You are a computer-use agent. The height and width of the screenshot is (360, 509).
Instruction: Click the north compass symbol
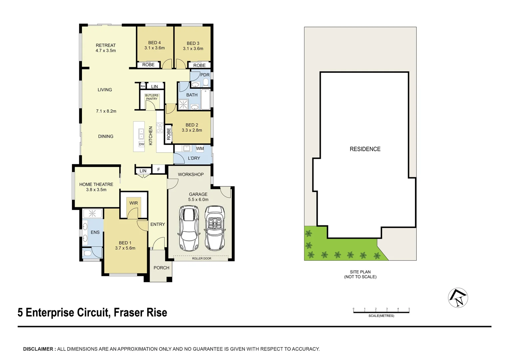[x=458, y=298]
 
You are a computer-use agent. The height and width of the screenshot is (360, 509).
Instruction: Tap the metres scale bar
[x=381, y=312]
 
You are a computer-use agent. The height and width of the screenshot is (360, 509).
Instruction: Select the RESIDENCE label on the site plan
[x=365, y=149]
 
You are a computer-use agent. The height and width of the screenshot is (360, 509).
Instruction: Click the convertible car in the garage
[x=215, y=228]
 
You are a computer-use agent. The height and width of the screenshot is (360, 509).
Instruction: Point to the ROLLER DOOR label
[x=202, y=258]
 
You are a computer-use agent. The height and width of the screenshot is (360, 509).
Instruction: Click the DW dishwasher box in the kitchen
[x=142, y=144]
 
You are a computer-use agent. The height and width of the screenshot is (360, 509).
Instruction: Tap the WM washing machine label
[x=200, y=148]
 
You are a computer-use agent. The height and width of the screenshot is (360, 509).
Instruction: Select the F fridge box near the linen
[x=159, y=170]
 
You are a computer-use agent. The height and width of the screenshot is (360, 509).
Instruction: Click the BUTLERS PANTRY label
[x=152, y=97]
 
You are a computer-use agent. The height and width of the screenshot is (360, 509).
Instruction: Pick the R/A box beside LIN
[x=143, y=86]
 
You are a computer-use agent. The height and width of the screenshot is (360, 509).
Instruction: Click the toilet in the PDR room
[x=206, y=82]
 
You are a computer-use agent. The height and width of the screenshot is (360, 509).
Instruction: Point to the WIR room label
[x=134, y=203]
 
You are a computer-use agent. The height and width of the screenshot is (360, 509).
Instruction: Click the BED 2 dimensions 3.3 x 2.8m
[x=192, y=130]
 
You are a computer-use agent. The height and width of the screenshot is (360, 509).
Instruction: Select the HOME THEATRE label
[x=96, y=184]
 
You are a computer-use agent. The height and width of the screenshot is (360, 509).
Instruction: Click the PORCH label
[x=161, y=268]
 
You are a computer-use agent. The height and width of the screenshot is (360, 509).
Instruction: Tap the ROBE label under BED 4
[x=148, y=65]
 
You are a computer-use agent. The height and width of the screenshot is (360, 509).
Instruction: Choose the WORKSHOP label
[x=191, y=174]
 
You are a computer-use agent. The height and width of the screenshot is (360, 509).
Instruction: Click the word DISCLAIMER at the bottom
[x=38, y=349]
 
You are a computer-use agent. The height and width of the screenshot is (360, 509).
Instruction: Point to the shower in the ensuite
[x=92, y=213]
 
